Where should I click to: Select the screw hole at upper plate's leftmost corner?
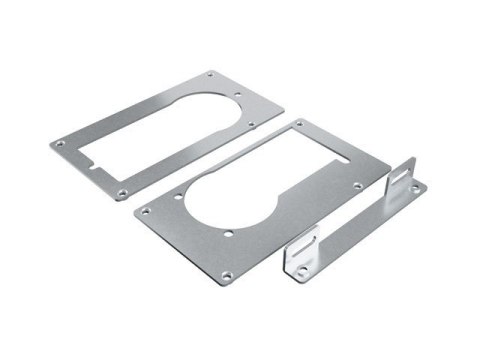coord(59,144)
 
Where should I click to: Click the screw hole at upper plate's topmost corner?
coord(210,75)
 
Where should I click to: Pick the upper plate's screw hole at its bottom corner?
coord(122,191)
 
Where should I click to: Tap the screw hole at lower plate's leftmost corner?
coord(143,211)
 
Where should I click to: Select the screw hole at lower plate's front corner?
coord(226,274)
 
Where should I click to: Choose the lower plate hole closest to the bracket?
coord(357,185)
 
